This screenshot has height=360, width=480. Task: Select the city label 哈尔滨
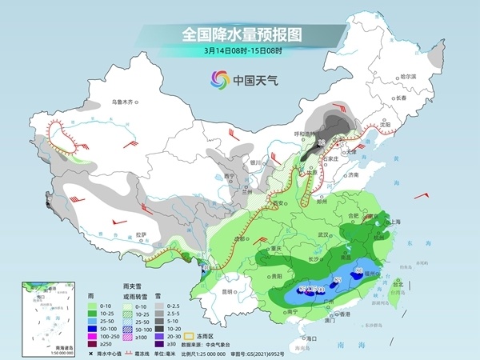(408, 74)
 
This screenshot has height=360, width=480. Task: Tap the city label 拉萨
(142, 234)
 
